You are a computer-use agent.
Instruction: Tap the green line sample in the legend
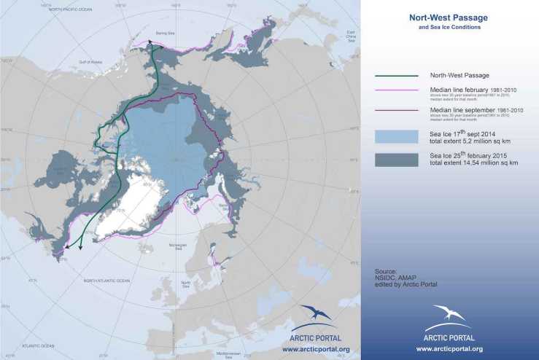[396, 75]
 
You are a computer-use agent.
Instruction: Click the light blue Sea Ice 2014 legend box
[396, 137]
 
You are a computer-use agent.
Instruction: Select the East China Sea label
[351, 37]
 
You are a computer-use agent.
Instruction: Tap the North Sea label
[187, 286]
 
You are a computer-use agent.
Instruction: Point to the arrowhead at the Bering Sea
[152, 43]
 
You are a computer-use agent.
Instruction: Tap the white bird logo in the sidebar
[448, 316]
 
